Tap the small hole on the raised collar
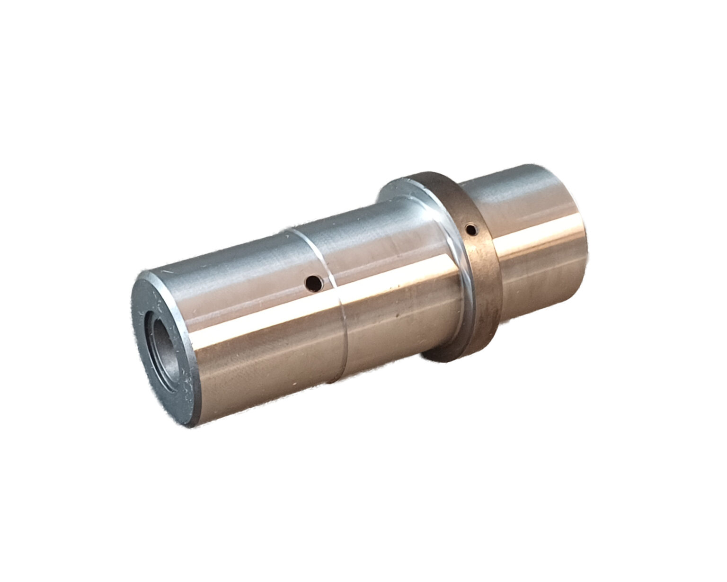click(x=471, y=230)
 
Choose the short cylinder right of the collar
click(x=535, y=237)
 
